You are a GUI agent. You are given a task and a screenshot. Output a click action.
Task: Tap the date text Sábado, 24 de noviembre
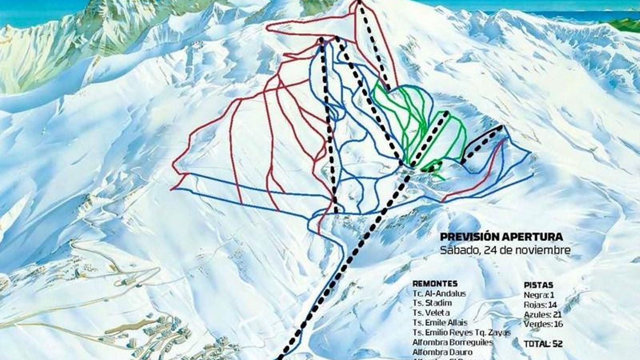[505, 250]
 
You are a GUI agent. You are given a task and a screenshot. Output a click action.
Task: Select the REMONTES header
[435, 284]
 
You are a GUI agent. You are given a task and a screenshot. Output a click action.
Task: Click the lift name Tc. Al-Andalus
[439, 293]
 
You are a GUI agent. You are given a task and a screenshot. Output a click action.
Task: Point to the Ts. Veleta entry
[431, 313]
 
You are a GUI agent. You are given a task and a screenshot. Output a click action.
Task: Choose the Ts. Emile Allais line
[440, 322]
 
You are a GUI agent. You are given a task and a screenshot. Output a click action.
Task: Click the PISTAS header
[538, 285]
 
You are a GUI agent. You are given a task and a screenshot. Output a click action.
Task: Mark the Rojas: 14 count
[540, 305]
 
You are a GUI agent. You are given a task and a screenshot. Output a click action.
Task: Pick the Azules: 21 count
[542, 314]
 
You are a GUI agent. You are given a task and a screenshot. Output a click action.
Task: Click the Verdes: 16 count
[543, 324]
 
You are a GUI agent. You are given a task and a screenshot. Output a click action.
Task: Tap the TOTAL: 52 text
[543, 344]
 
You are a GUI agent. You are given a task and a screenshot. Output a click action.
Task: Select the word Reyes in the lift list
[462, 332]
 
